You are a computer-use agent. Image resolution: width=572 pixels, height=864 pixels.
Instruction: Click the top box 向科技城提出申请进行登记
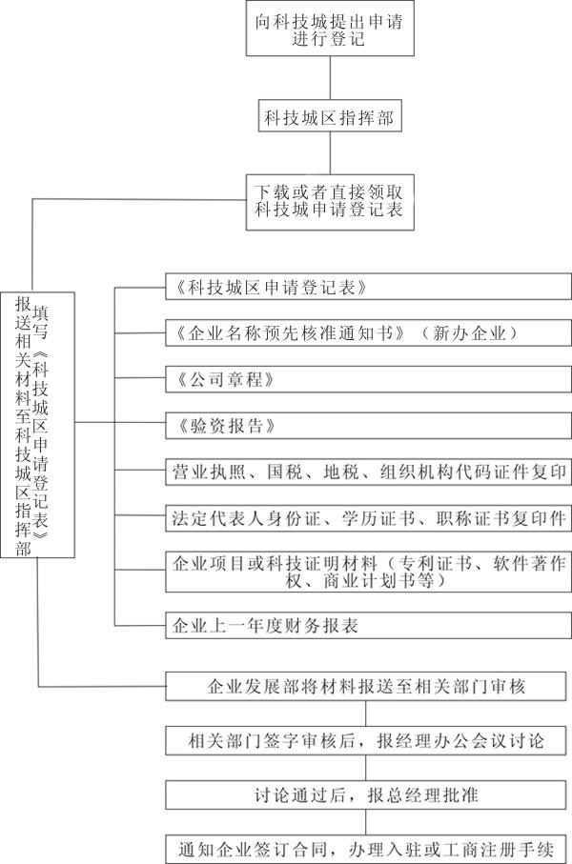pyautogui.click(x=328, y=31)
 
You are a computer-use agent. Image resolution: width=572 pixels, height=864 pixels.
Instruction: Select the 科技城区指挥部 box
pyautogui.click(x=328, y=117)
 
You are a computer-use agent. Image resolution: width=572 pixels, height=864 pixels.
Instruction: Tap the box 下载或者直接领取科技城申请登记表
pyautogui.click(x=328, y=201)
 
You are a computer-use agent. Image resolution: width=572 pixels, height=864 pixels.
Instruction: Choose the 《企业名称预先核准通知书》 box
pyautogui.click(x=368, y=332)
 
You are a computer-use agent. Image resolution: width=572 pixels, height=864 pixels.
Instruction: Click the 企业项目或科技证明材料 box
pyautogui.click(x=368, y=571)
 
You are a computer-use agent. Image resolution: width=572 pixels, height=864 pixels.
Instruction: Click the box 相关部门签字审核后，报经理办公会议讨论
pyautogui.click(x=367, y=740)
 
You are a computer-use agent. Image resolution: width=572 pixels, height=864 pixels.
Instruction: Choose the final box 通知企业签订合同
pyautogui.click(x=367, y=847)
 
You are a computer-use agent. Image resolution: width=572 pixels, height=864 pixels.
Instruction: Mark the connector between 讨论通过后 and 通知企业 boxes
pyautogui.click(x=367, y=820)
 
